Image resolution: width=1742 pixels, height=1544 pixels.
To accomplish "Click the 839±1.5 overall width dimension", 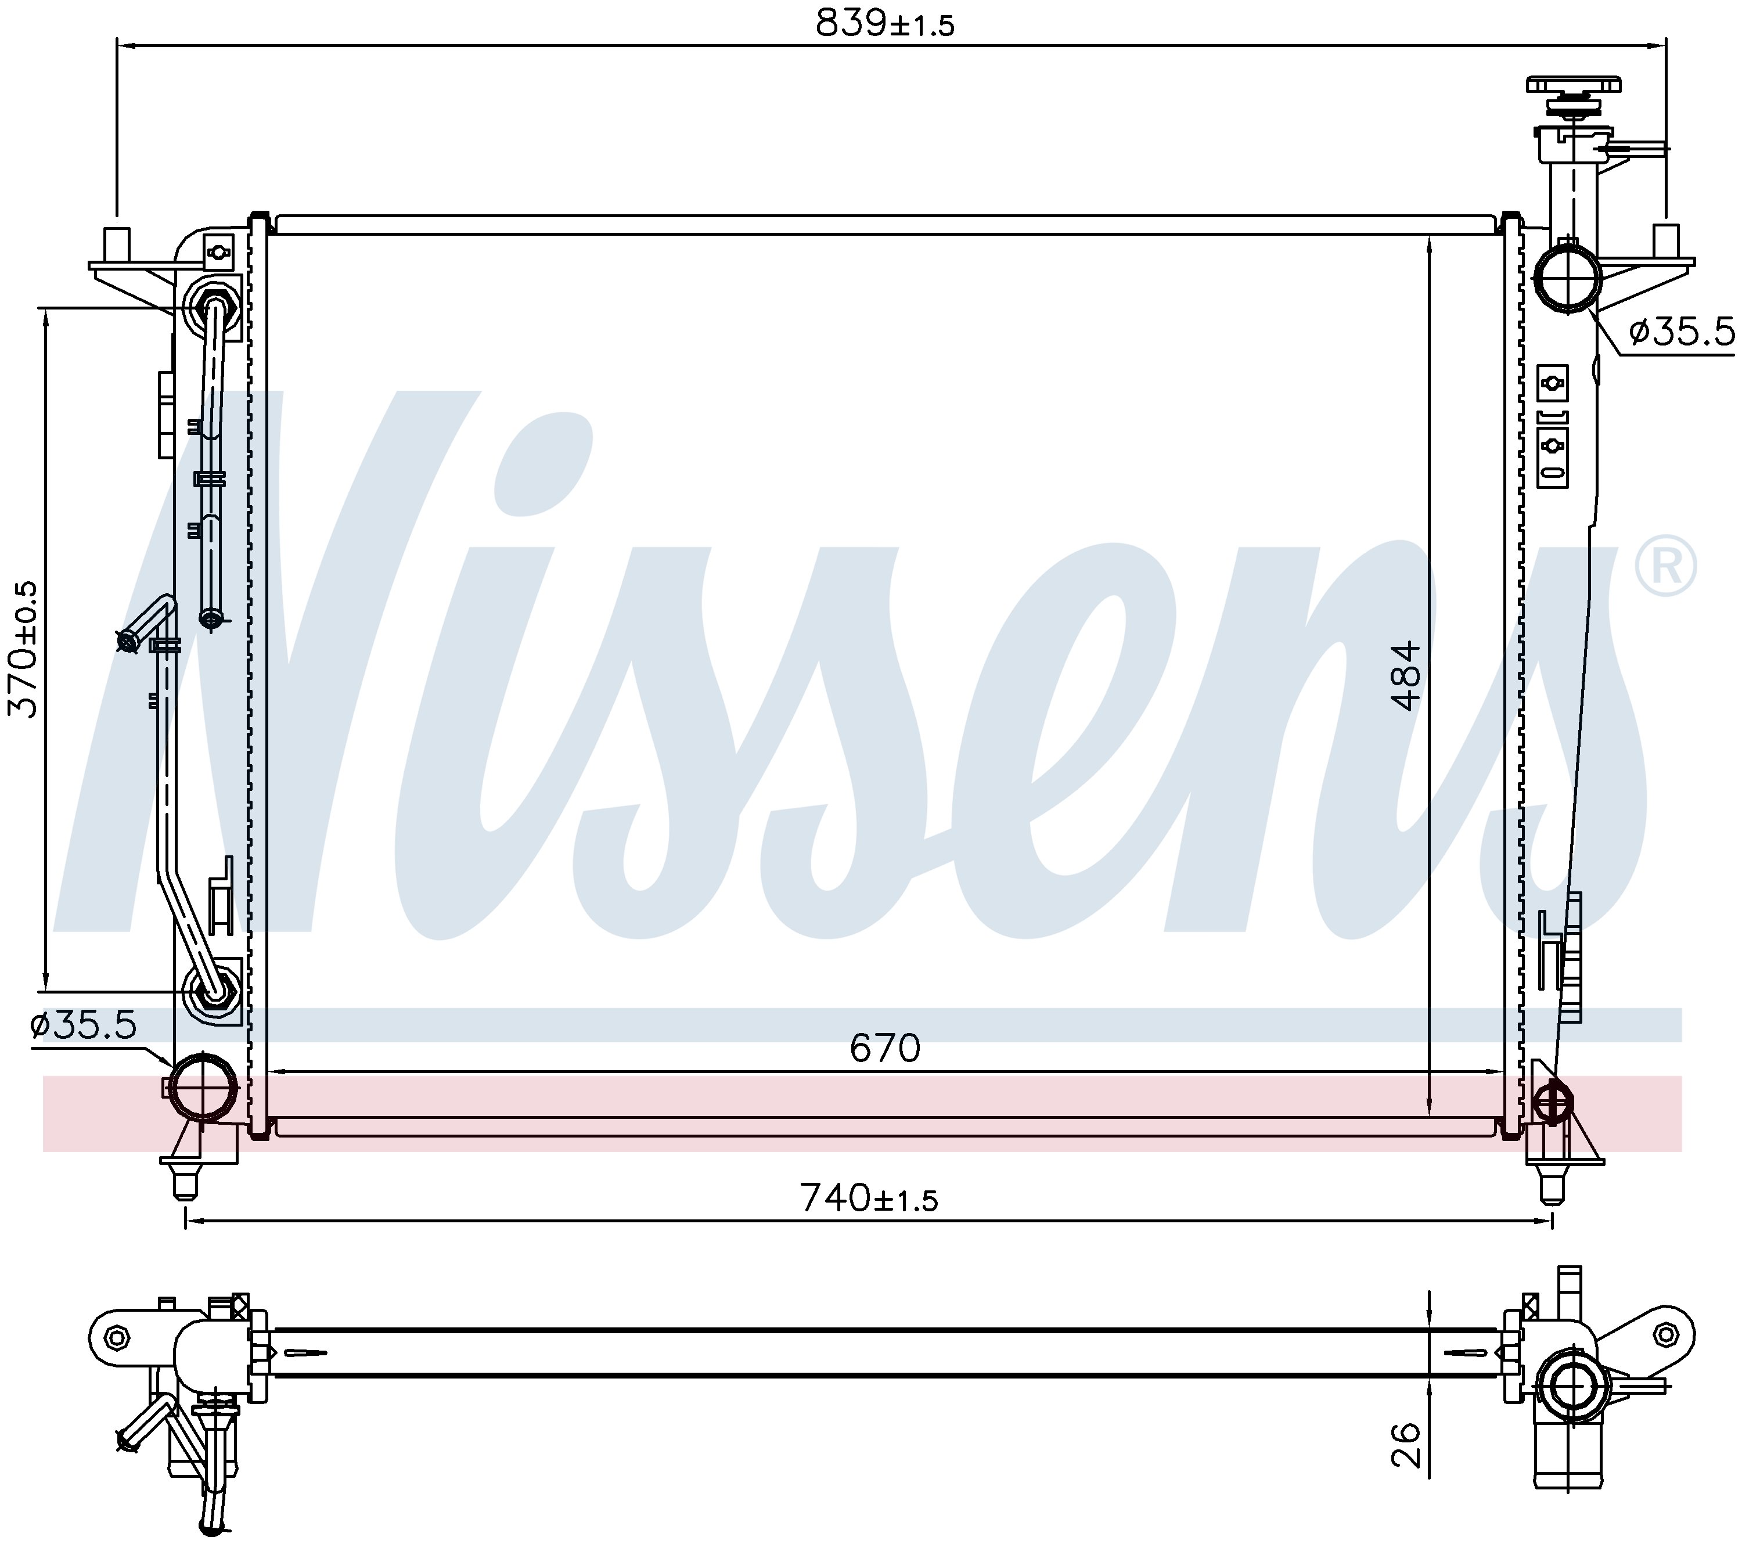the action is (x=884, y=24).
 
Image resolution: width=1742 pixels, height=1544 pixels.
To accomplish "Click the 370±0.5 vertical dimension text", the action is (x=24, y=649).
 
